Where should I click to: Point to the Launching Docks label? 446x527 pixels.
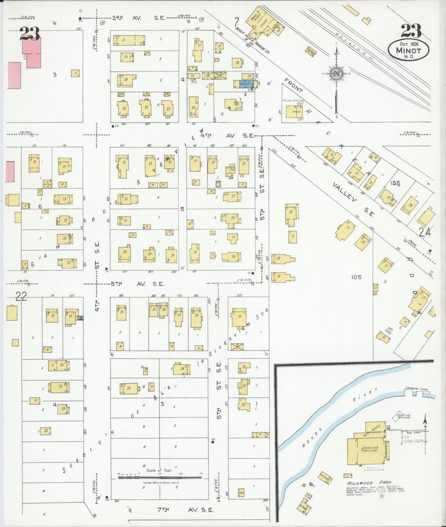pos(417,389)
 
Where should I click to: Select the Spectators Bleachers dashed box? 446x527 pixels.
pos(401,417)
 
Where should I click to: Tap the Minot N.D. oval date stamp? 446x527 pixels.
pos(408,49)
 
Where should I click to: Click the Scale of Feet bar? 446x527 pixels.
pos(160,477)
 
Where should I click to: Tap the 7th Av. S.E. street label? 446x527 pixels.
pos(185,510)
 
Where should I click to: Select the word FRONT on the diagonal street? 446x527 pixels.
pos(293,85)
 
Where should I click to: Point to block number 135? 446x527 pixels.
pos(395,184)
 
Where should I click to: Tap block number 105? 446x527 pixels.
pos(356,277)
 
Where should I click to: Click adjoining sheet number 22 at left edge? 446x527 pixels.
pos(21,296)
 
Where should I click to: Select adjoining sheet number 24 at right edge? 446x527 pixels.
pos(424,232)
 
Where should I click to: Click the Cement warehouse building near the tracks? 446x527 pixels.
pos(310,50)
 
